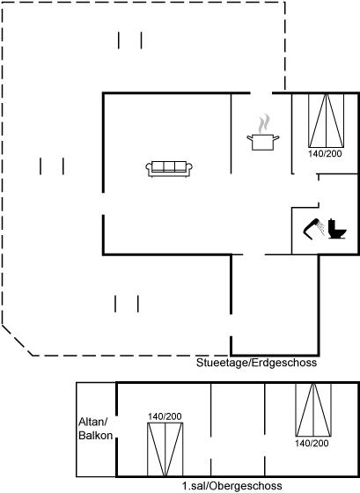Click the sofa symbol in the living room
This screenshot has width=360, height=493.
pos(169,169)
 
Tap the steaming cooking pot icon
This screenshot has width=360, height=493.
pos(263,133)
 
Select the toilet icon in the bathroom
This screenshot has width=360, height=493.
pos(337,229)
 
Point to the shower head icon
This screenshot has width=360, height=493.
pos(312,228)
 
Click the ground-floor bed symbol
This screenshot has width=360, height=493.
pos(326,121)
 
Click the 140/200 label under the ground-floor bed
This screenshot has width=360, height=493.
pos(325,153)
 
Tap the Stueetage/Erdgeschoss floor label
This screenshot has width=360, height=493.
pos(256,363)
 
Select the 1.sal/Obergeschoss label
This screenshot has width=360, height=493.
pos(232,486)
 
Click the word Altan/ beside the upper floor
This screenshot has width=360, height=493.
pos(93,422)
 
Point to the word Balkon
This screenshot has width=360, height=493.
pos(96,436)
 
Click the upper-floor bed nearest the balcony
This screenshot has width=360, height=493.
pos(165,450)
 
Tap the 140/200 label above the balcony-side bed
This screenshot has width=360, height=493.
pos(165,416)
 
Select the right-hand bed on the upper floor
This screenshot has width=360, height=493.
pos(313,409)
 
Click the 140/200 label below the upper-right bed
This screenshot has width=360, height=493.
pos(312,444)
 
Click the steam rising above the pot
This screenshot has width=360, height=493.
pos(264,123)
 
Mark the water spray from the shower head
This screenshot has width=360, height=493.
pos(321,228)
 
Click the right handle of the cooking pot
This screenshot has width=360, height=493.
pos(276,137)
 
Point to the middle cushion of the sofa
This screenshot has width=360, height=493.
pos(169,166)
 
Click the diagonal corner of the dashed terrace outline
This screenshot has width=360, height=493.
pos(18,341)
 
